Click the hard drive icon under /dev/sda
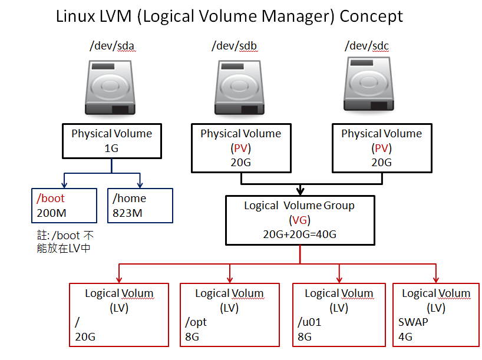[111, 89]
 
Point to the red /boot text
[51, 199]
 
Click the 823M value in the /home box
[127, 213]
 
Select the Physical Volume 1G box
[111, 141]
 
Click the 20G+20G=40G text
[300, 234]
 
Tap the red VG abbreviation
[300, 220]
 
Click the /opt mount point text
[196, 322]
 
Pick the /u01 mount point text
[310, 322]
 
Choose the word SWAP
[413, 322]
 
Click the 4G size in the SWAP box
[405, 337]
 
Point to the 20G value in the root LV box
[85, 337]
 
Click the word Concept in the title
[371, 16]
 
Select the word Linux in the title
[74, 16]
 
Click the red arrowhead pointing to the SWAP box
[436, 280]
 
